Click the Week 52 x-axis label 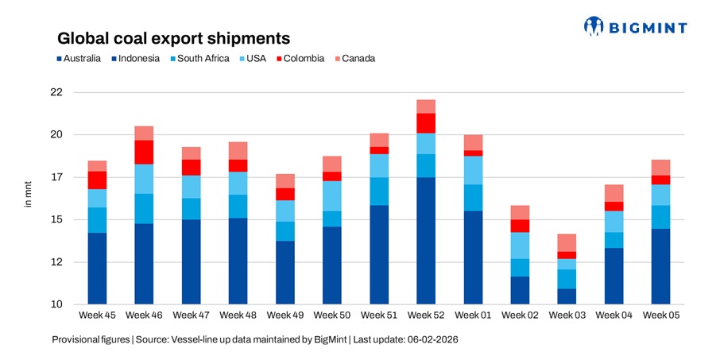click(x=425, y=315)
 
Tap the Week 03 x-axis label click(x=567, y=315)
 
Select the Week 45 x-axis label click(x=98, y=315)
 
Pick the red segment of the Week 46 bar click(x=144, y=153)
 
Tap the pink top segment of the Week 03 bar click(x=567, y=242)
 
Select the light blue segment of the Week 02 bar click(x=520, y=246)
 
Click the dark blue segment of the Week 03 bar click(x=567, y=296)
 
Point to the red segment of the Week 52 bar click(x=425, y=123)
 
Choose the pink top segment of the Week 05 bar click(x=660, y=167)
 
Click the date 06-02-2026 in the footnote click(x=432, y=339)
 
